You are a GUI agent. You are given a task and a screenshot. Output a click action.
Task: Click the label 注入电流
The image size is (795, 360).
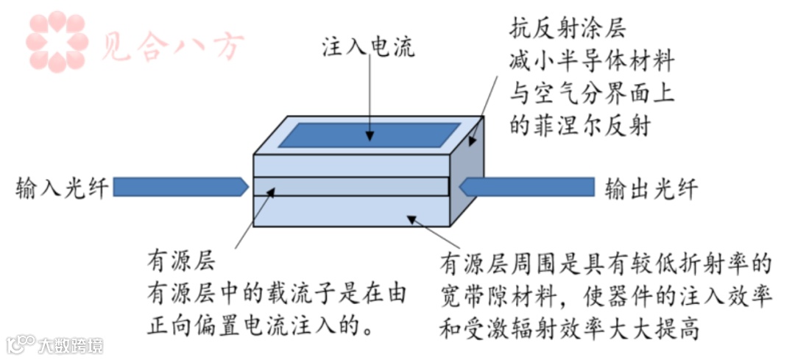[369, 48]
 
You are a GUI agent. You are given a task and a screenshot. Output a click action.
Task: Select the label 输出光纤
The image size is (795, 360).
[651, 188]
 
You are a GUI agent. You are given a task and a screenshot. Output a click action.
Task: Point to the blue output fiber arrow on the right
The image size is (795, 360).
[526, 187]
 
